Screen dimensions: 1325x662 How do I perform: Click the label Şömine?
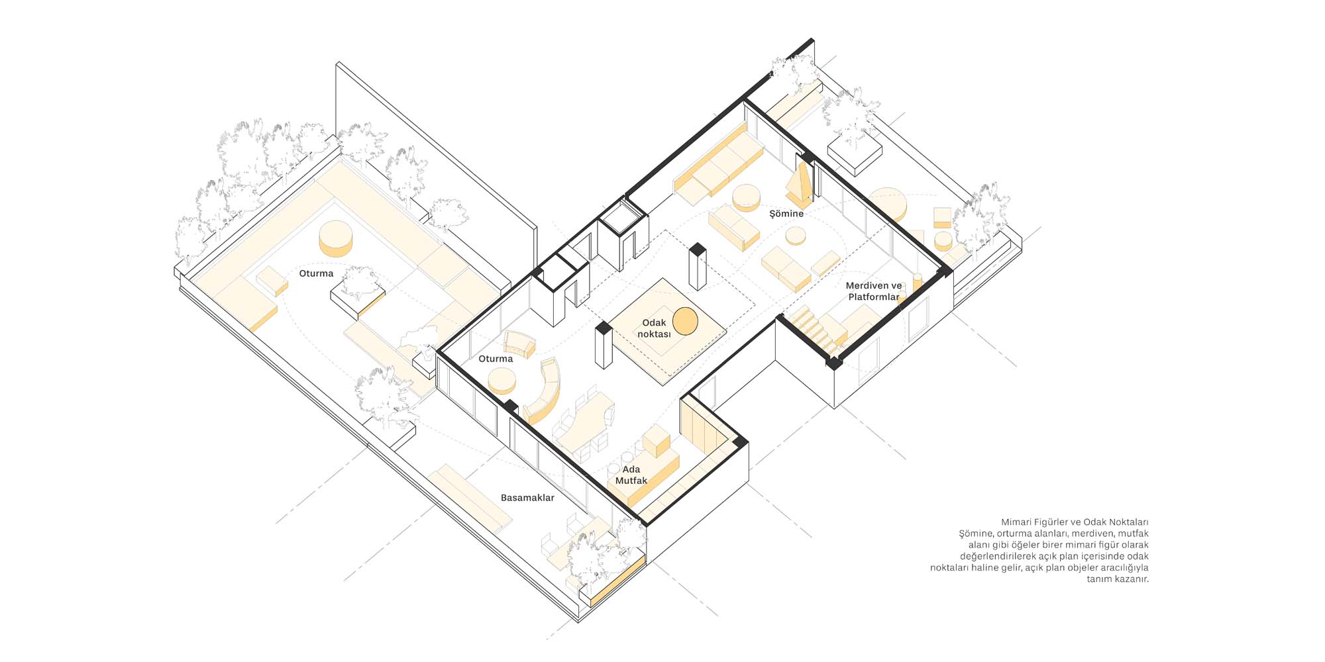tap(786, 213)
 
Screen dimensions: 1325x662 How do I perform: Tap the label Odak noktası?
tap(654, 328)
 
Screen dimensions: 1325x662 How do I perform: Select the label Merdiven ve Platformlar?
tap(874, 291)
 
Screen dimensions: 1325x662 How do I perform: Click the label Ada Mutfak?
tap(631, 475)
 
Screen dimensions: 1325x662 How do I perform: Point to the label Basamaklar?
tap(527, 497)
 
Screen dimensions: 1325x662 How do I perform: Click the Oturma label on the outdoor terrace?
tap(316, 273)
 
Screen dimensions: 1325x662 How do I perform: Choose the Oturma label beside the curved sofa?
tap(496, 359)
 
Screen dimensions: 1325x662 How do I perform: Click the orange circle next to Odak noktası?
tap(686, 321)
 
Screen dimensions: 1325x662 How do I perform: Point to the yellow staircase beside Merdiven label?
tap(812, 328)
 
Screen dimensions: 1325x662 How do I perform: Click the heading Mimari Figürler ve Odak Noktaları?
tap(1075, 522)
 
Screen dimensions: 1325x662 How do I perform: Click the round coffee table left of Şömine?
tap(747, 197)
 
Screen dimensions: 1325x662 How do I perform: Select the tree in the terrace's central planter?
tap(360, 282)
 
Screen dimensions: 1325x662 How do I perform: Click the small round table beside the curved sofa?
tap(502, 381)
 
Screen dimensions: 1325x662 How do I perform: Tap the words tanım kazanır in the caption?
tap(1118, 579)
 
